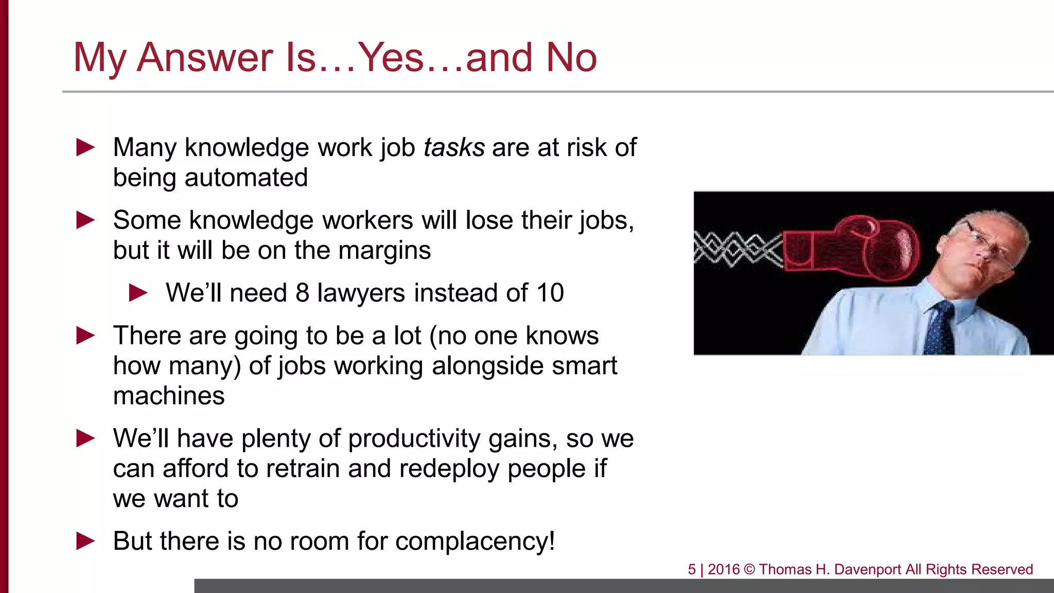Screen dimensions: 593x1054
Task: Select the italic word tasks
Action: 454,148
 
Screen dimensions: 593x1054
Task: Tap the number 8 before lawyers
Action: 302,293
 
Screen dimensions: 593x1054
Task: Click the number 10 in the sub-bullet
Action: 550,293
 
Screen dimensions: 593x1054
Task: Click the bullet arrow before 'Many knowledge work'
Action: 85,148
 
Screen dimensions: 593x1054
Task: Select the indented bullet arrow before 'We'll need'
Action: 138,293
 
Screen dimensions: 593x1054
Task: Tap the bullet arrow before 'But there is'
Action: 85,542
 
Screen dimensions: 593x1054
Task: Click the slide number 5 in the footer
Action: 692,569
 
